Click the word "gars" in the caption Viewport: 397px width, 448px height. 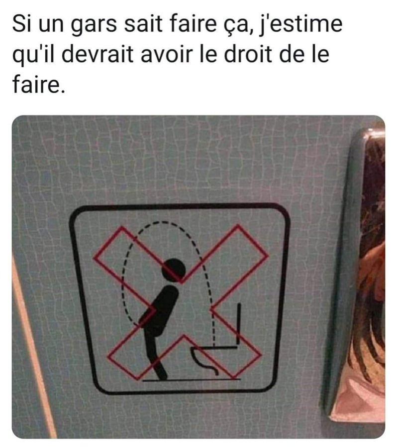point(93,25)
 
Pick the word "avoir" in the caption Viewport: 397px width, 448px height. point(167,55)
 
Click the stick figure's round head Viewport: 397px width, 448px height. point(174,271)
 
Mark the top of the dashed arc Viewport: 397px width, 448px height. point(163,223)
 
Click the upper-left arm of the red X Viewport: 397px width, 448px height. point(128,252)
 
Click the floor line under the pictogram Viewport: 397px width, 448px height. point(192,380)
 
